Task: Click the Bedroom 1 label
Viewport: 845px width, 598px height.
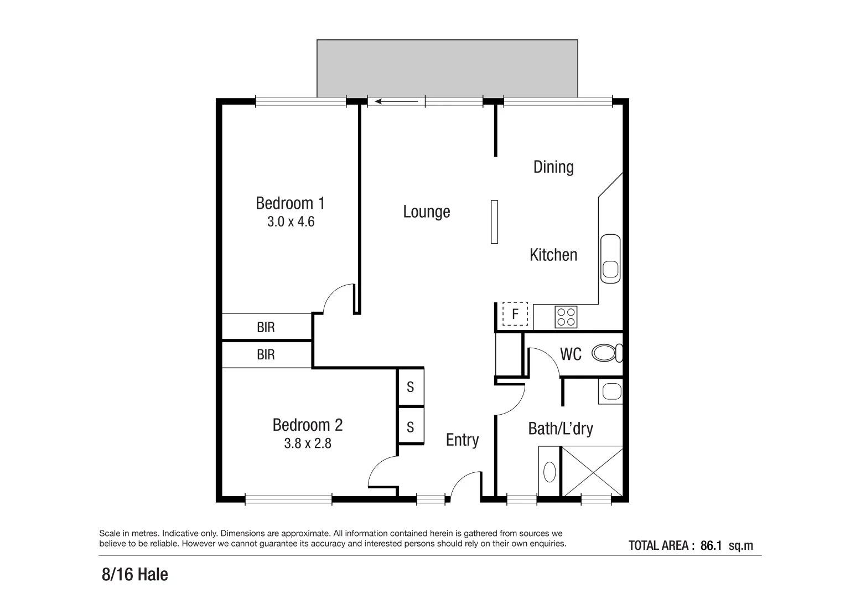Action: [290, 203]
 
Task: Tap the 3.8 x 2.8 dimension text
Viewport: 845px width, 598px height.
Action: [308, 443]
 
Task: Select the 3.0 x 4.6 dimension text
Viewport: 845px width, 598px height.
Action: [291, 222]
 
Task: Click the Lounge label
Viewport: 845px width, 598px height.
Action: [426, 212]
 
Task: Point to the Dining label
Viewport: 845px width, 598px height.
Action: [553, 167]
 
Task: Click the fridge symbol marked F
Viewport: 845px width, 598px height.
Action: [515, 315]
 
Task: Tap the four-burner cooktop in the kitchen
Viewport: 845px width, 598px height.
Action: [566, 317]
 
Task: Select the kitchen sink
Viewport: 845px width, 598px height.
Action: [610, 259]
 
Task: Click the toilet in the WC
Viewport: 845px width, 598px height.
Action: [606, 353]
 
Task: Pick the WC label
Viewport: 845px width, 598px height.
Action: [571, 354]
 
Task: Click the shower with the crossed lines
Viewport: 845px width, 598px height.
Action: [592, 472]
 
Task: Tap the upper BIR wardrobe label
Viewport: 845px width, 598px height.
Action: [266, 327]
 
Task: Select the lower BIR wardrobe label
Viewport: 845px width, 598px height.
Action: [266, 354]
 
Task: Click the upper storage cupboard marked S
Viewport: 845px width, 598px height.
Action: [410, 387]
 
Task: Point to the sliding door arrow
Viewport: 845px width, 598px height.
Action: [396, 101]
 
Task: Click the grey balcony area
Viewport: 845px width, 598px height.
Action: [447, 68]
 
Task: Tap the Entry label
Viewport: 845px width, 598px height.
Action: [462, 440]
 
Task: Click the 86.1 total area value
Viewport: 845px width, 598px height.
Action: [711, 545]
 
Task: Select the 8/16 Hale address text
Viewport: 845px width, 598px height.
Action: [134, 575]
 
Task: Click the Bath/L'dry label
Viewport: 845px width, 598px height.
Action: [560, 429]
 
